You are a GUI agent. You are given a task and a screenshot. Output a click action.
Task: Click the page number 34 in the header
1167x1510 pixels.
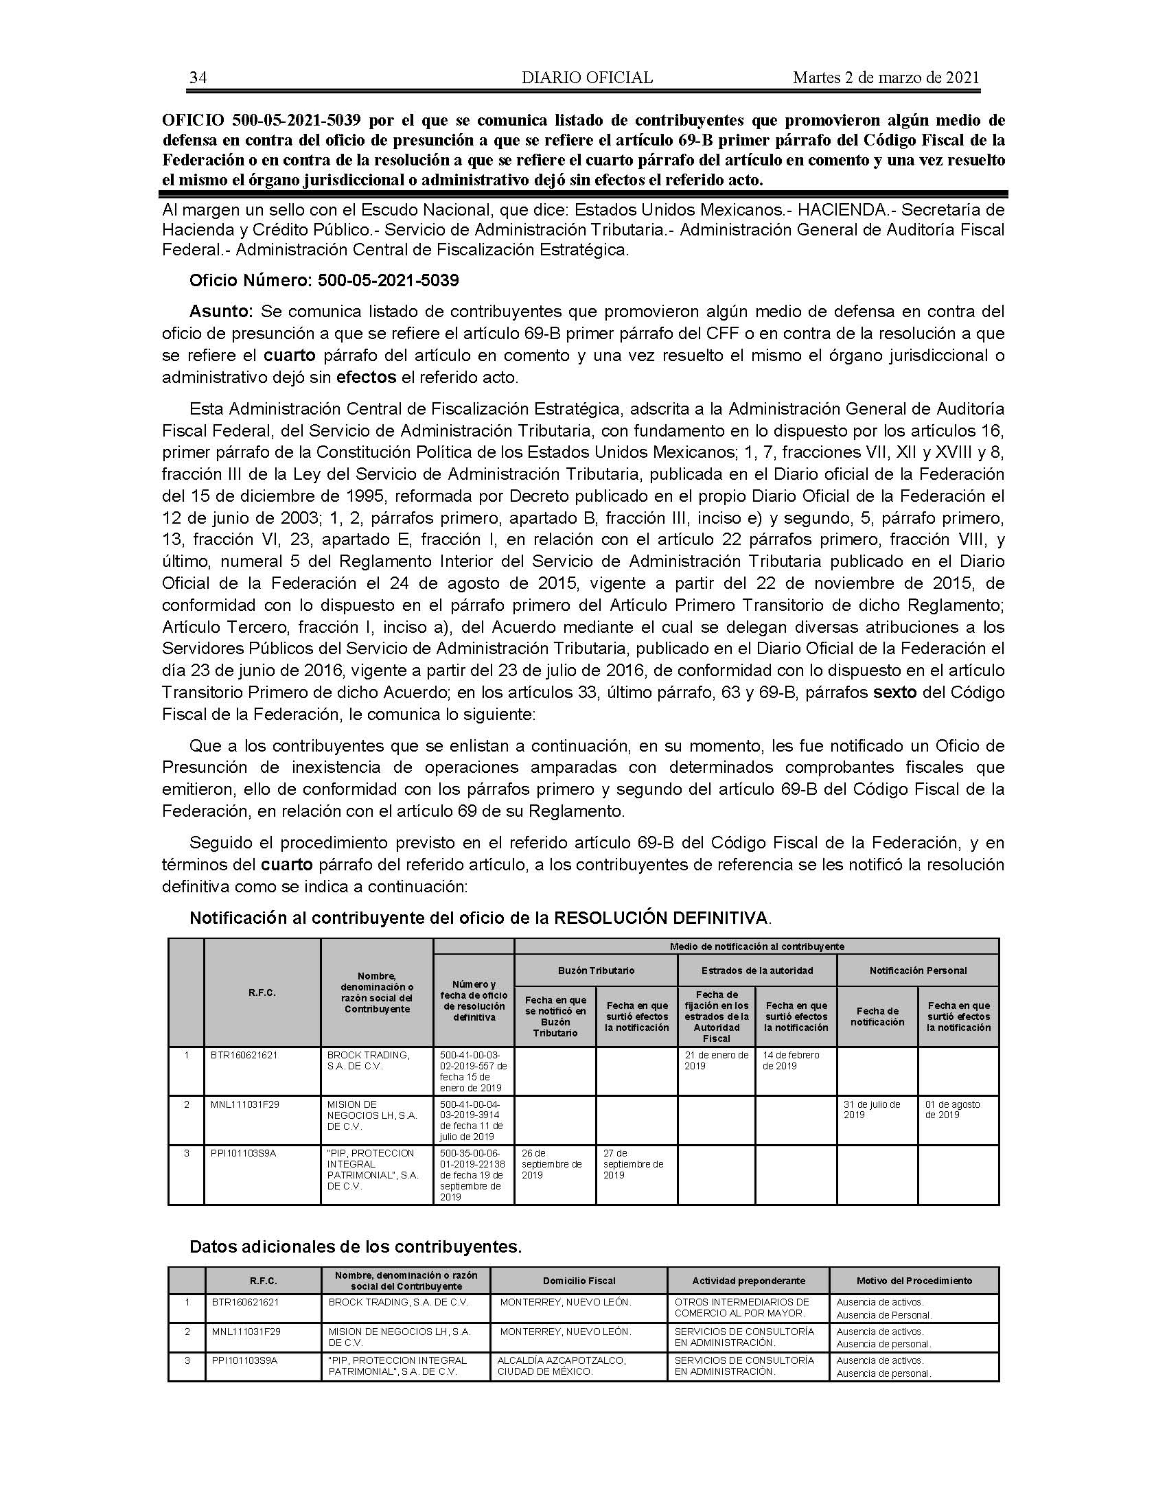point(198,78)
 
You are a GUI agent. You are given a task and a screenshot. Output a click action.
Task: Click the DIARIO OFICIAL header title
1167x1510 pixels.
point(587,78)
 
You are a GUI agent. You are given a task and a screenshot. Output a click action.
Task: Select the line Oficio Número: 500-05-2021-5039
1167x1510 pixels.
point(324,281)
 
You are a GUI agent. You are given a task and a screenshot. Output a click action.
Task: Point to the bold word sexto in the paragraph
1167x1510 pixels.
point(894,692)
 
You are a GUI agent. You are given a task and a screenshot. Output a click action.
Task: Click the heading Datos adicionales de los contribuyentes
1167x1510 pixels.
point(356,1246)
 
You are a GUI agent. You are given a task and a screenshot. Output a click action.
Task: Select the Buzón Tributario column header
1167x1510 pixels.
point(596,970)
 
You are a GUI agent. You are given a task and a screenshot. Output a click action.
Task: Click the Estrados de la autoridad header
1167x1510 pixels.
point(757,970)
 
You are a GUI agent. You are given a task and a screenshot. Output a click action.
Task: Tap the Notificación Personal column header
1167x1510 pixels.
point(917,970)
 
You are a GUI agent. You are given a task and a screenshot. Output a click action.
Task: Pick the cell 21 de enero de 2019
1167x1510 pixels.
point(716,1060)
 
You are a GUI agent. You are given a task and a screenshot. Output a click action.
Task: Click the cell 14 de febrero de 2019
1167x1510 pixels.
point(791,1060)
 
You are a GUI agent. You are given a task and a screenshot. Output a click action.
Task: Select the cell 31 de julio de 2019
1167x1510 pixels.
point(872,1109)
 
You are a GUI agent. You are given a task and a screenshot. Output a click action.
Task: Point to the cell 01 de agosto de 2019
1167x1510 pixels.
point(953,1109)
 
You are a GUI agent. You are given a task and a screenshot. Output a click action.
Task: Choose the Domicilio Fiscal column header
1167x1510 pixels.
point(579,1281)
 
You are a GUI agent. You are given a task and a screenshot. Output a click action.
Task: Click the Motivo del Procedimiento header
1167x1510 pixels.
point(914,1281)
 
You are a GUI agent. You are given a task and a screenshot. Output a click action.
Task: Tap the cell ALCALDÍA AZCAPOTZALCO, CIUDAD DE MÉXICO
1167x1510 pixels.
point(562,1365)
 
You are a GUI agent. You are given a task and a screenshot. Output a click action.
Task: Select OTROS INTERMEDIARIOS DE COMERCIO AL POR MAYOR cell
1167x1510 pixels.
point(742,1308)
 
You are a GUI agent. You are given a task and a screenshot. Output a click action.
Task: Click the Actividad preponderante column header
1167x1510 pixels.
point(749,1281)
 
